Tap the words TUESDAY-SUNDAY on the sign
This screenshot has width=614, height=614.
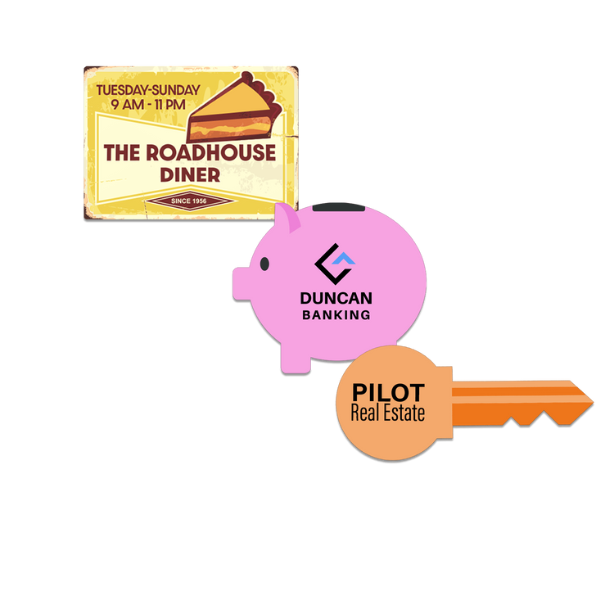pyautogui.click(x=148, y=90)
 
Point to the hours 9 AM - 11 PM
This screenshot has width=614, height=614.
pyautogui.click(x=148, y=105)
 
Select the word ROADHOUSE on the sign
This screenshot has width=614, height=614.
pyautogui.click(x=210, y=153)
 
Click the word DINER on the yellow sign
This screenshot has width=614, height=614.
pyautogui.click(x=190, y=175)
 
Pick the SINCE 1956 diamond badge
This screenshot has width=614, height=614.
pyautogui.click(x=189, y=201)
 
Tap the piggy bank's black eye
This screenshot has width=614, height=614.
pyautogui.click(x=264, y=264)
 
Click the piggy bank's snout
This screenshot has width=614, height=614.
pyautogui.click(x=242, y=284)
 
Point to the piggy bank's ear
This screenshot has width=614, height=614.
pyautogui.click(x=288, y=218)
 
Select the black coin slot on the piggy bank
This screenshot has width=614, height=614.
pyautogui.click(x=339, y=207)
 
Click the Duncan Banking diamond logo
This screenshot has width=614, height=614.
pyautogui.click(x=335, y=264)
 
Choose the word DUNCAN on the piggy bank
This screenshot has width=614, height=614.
pyautogui.click(x=336, y=298)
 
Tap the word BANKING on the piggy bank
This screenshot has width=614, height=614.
pyautogui.click(x=336, y=315)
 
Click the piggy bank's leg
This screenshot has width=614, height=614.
pyautogui.click(x=296, y=359)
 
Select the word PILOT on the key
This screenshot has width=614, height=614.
pyautogui.click(x=388, y=392)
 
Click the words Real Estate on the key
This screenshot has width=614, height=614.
pyautogui.click(x=388, y=413)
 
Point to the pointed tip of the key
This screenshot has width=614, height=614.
pyautogui.click(x=593, y=402)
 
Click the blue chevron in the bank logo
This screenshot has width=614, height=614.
pyautogui.click(x=343, y=259)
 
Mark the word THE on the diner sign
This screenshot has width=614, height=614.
pyautogui.click(x=122, y=153)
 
